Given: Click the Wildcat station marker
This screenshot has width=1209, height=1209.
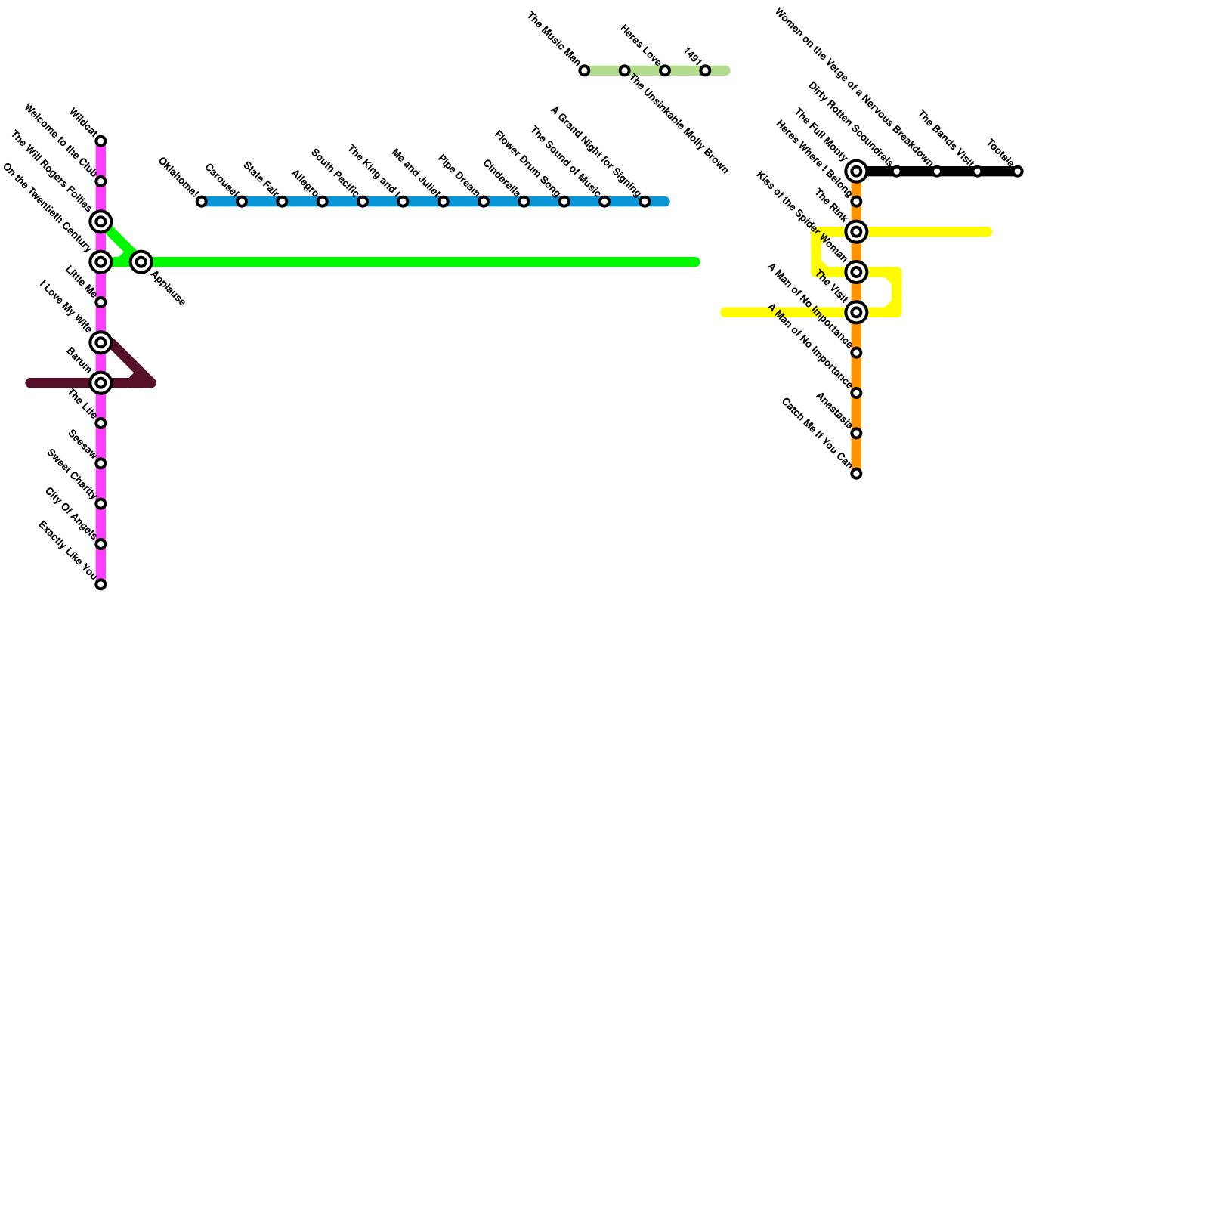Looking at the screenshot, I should pyautogui.click(x=100, y=141).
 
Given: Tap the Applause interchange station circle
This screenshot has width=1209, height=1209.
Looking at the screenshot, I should pyautogui.click(x=141, y=262).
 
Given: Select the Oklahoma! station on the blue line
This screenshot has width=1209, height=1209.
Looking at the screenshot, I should pyautogui.click(x=201, y=202).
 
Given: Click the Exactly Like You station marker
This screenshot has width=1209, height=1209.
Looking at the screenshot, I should pyautogui.click(x=100, y=585).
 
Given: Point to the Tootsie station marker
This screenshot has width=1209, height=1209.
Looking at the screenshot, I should pyautogui.click(x=1018, y=172).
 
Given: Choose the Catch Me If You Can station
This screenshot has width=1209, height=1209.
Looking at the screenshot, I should pyautogui.click(x=856, y=474).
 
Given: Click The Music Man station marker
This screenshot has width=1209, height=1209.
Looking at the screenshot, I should pyautogui.click(x=584, y=71).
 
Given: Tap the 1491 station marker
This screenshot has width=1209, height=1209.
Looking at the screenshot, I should pyautogui.click(x=705, y=71).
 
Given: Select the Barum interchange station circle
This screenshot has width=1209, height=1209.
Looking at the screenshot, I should pyautogui.click(x=100, y=383).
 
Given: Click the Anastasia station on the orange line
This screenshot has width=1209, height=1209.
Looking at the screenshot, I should pyautogui.click(x=856, y=434).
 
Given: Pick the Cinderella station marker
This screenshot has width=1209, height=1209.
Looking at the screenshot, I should pyautogui.click(x=524, y=202).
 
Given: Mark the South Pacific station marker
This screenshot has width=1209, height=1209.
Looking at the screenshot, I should pyautogui.click(x=363, y=202).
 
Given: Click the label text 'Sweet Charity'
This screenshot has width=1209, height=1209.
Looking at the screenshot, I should pyautogui.click(x=72, y=475).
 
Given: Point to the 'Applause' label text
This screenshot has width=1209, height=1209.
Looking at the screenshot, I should pyautogui.click(x=168, y=288).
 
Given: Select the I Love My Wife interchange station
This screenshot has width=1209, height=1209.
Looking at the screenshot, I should pyautogui.click(x=100, y=343).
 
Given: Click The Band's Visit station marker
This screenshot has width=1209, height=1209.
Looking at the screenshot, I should pyautogui.click(x=977, y=172).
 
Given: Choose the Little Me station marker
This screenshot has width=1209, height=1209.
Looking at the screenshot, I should pyautogui.click(x=100, y=303).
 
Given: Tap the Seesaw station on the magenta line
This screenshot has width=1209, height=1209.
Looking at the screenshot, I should pyautogui.click(x=100, y=464).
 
